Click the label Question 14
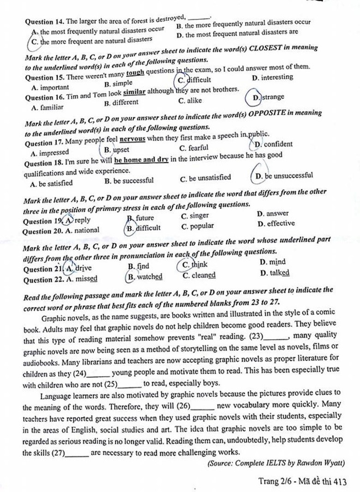(x=45, y=22)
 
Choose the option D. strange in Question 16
(x=268, y=97)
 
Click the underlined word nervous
(x=132, y=139)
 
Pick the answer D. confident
(x=273, y=144)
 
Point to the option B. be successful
(x=129, y=181)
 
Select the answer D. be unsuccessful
(x=283, y=176)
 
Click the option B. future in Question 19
(x=141, y=218)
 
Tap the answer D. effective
(x=276, y=224)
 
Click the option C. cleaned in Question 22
(x=199, y=276)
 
